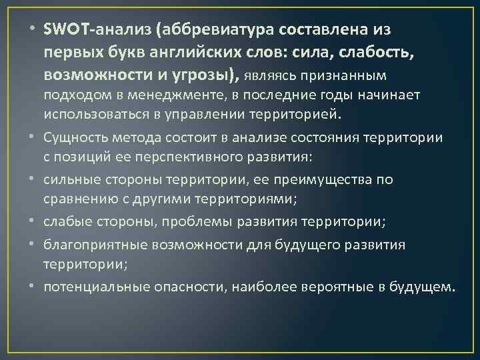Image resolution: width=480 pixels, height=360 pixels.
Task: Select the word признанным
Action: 352,74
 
